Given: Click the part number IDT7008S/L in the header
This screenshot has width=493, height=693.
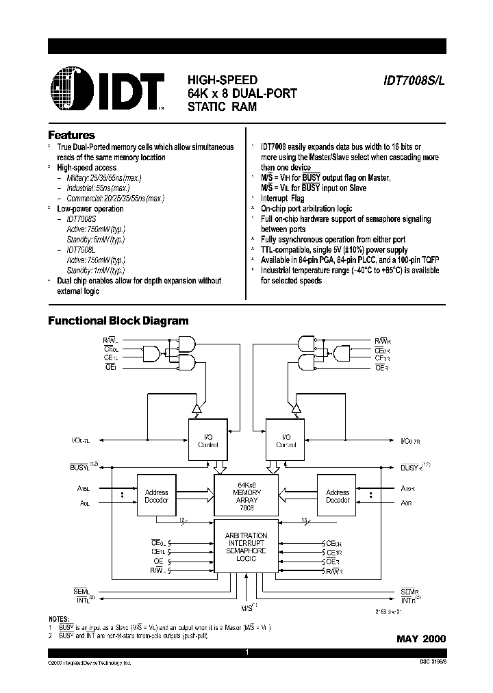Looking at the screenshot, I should [x=414, y=79].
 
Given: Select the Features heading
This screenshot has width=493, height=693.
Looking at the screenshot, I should [x=71, y=136].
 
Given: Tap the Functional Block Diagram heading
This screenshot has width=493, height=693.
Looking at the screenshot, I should [x=118, y=320].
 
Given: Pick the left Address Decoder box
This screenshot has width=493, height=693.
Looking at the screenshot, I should [x=156, y=496].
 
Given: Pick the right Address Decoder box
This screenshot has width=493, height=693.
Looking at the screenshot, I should [x=338, y=496].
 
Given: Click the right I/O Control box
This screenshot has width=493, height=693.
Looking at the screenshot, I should [x=286, y=440].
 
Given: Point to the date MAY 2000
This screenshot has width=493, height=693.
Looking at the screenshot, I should [x=420, y=638].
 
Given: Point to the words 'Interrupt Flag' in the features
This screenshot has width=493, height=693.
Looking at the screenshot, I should [x=283, y=198].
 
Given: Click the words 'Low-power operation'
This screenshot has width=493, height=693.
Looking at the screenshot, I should [x=90, y=209].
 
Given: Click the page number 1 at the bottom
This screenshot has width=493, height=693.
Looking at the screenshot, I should [x=246, y=653].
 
